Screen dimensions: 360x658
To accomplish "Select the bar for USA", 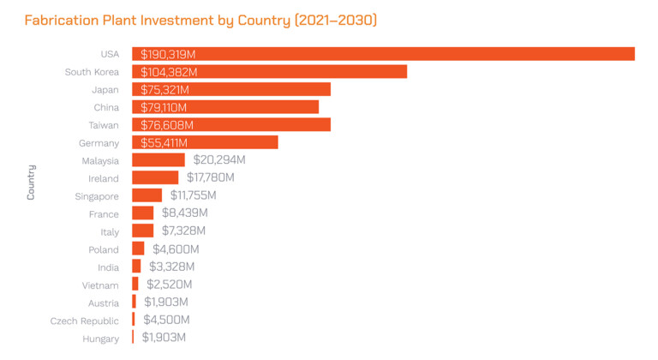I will pos(383,54).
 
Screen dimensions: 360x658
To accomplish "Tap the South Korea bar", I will pos(269,71).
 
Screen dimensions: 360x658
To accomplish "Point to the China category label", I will pos(106,107).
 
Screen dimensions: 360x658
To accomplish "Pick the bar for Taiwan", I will pos(230,125).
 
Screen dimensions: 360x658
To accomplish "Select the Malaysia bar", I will pos(159,160).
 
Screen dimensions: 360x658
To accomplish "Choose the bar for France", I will pos(143,213).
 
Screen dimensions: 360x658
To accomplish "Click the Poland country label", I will pos(103,249).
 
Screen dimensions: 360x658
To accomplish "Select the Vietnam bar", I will pos(135,284).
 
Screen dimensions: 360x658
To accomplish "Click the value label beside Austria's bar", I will pos(165,302).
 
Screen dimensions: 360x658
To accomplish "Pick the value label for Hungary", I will pos(164,337).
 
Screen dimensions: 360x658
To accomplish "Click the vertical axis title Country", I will pos(31,182).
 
